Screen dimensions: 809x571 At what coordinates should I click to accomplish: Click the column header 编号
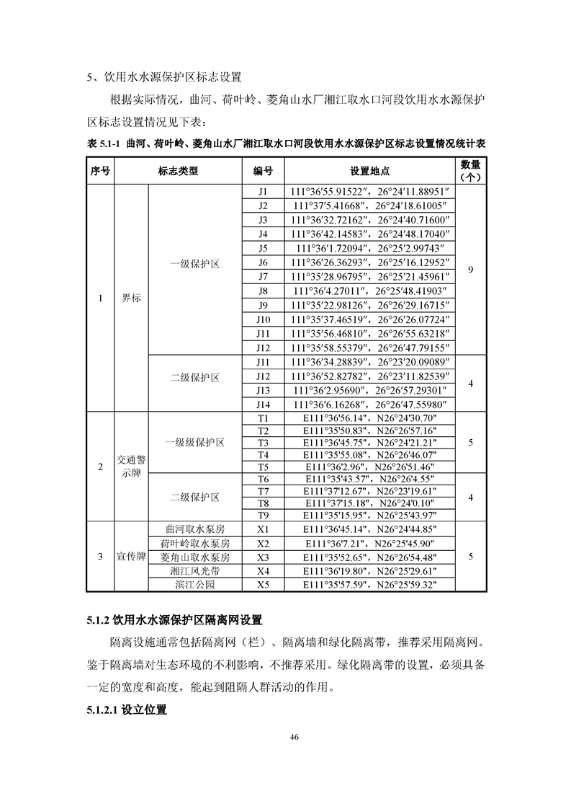(x=262, y=172)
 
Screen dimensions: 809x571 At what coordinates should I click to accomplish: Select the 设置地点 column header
(x=370, y=172)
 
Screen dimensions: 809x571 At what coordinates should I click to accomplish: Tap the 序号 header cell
(x=100, y=172)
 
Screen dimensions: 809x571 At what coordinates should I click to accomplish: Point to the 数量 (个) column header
(x=470, y=171)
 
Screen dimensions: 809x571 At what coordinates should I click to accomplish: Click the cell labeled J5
(x=262, y=248)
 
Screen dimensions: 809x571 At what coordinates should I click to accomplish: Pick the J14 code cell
(x=262, y=405)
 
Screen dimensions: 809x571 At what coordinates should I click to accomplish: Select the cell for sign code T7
(x=262, y=491)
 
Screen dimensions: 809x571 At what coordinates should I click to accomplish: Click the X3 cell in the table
(x=262, y=557)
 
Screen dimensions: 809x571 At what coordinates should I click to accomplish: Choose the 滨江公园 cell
(x=194, y=585)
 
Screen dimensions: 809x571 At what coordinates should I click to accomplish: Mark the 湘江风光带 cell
(x=194, y=571)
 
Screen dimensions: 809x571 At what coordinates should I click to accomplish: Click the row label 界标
(x=131, y=299)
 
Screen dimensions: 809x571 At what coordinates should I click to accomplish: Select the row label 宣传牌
(x=131, y=557)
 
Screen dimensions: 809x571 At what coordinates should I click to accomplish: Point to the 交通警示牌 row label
(x=131, y=467)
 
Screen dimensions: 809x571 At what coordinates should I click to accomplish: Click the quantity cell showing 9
(x=470, y=270)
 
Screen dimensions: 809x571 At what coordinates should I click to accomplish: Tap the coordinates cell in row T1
(x=370, y=418)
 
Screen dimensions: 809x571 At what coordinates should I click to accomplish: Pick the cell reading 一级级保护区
(x=194, y=442)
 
